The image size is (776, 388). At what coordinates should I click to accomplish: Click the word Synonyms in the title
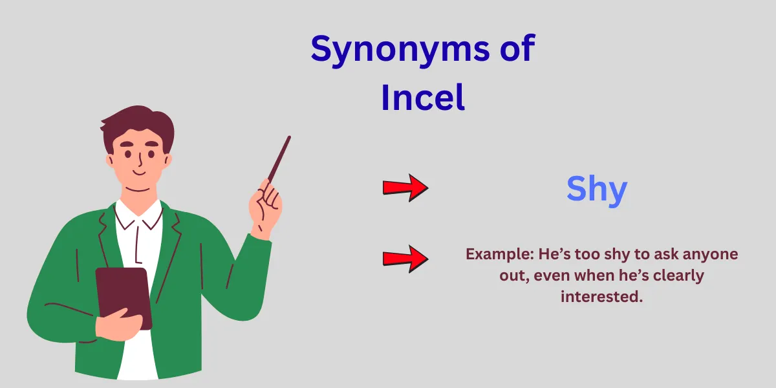tap(400, 50)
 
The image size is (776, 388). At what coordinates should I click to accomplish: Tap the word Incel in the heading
tap(423, 98)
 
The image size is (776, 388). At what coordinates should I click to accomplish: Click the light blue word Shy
tap(597, 190)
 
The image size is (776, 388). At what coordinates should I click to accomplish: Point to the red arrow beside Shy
tap(405, 188)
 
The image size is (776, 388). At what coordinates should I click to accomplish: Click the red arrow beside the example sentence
tap(405, 259)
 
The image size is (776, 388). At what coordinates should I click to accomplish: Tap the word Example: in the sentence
tap(499, 255)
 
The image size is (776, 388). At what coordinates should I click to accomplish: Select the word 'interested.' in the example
tap(602, 297)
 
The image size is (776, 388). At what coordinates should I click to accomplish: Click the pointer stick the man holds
tap(279, 160)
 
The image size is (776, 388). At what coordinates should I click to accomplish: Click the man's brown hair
tap(138, 127)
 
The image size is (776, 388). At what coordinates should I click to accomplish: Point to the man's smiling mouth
tap(139, 172)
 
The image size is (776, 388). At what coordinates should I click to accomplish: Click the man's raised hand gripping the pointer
tap(265, 208)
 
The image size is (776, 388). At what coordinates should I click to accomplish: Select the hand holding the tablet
tap(118, 324)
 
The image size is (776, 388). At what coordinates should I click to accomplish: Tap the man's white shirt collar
tap(138, 214)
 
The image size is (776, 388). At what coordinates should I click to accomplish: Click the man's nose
tap(140, 160)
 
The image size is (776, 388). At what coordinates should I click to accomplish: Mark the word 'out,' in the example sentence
tap(515, 276)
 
